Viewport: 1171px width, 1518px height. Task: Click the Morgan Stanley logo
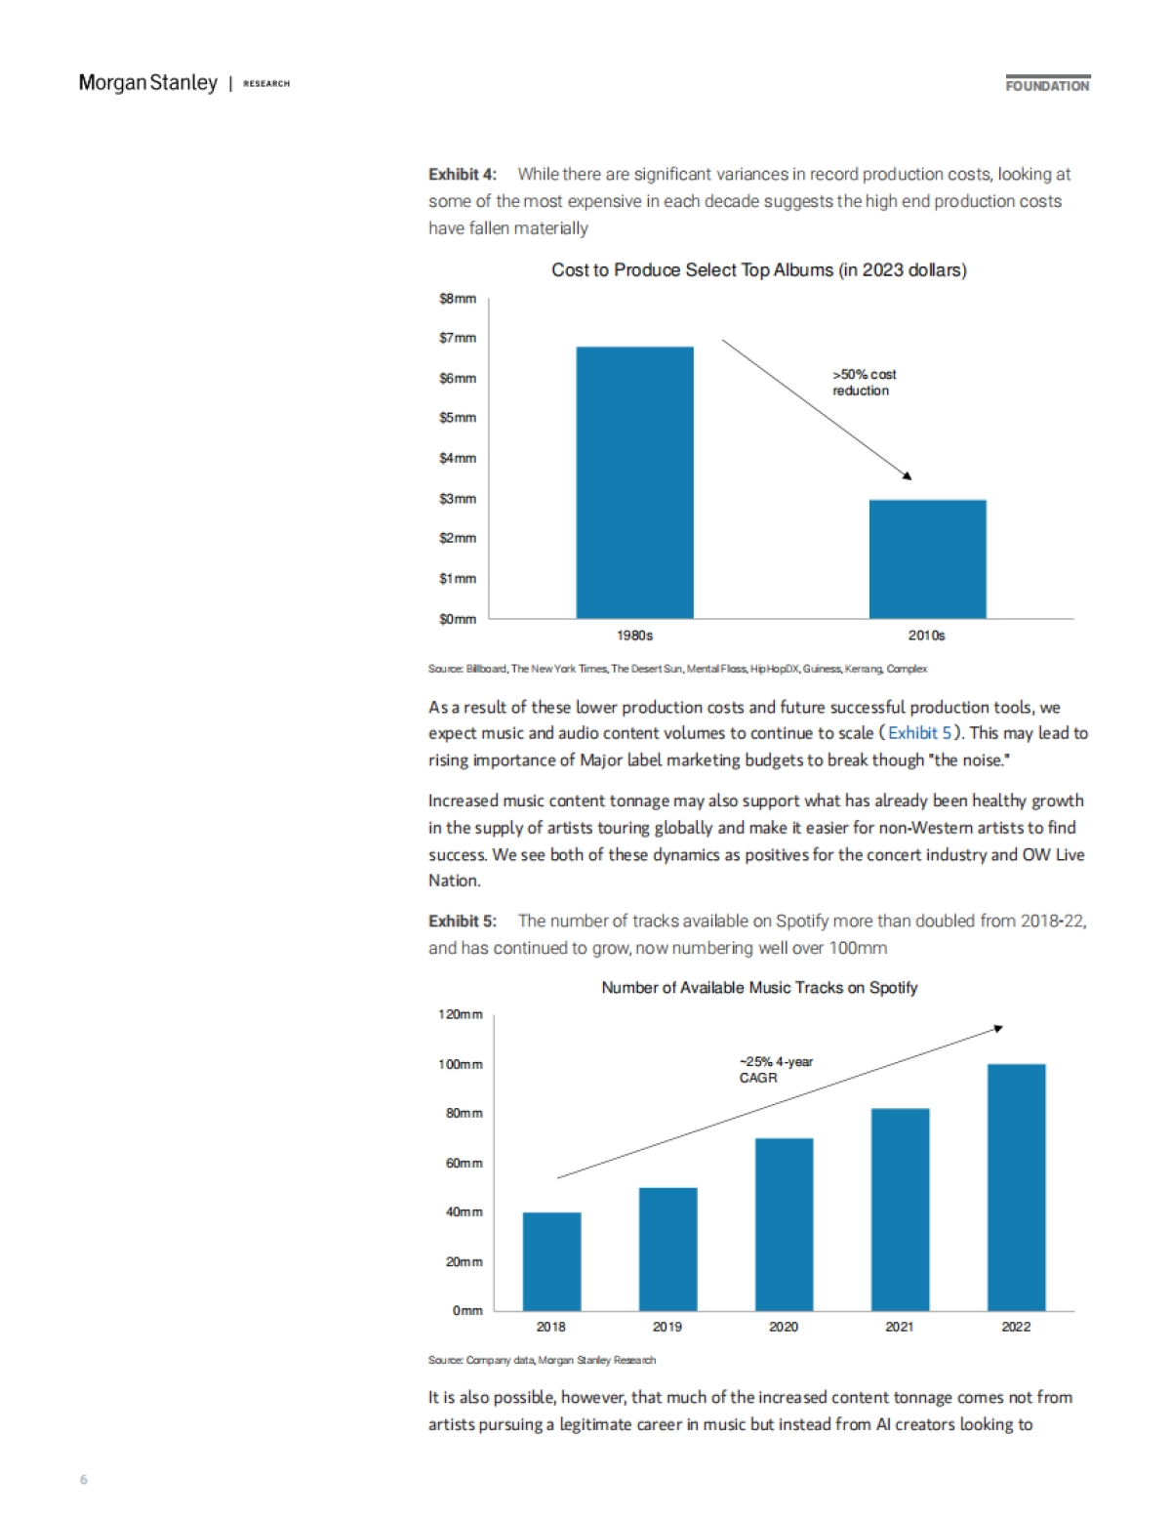point(148,83)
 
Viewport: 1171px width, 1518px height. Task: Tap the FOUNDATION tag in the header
point(1047,86)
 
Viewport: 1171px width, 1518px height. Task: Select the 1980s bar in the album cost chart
point(634,482)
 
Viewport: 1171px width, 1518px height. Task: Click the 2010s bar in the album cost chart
point(927,558)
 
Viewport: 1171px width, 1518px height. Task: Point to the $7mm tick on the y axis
point(458,338)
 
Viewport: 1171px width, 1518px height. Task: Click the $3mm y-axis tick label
point(458,499)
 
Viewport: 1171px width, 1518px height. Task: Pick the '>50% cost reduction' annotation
point(864,383)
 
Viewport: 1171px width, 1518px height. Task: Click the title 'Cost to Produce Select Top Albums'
point(758,270)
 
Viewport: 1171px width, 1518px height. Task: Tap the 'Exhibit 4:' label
point(463,175)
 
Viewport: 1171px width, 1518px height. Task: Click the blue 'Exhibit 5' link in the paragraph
point(919,733)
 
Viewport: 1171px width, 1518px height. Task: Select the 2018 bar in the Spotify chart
point(551,1261)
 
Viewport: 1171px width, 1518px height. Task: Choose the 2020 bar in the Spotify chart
point(784,1224)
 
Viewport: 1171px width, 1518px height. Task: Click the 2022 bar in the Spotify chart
point(1016,1187)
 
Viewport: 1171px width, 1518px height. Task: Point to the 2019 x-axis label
point(667,1327)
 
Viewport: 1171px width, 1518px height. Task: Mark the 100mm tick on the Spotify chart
point(460,1064)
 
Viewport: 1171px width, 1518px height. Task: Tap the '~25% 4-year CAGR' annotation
point(775,1070)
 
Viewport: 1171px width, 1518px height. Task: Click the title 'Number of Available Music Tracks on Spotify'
point(759,988)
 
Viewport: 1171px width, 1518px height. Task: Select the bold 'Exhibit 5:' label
point(463,922)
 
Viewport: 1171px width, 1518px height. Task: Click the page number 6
point(84,1480)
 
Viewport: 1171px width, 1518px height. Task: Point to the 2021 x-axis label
point(900,1327)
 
